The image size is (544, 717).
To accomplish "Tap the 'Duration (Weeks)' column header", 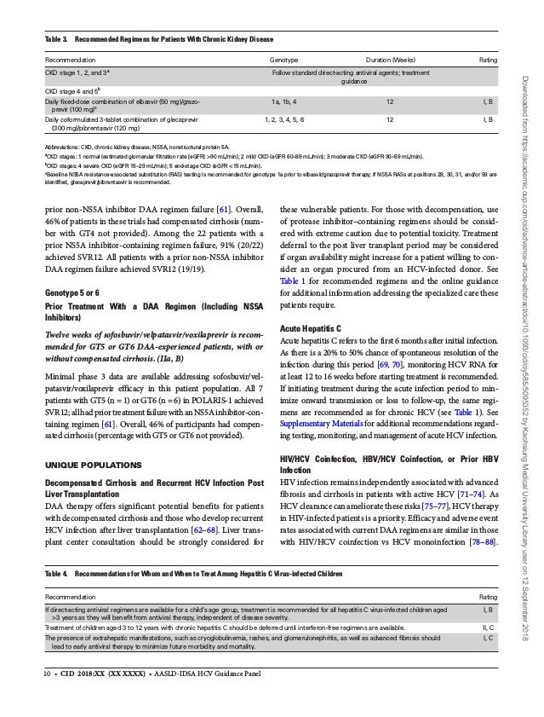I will (389, 61).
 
